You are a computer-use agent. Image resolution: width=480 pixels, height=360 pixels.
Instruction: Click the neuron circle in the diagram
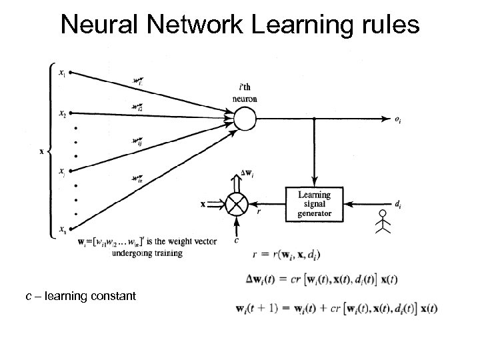tap(244, 119)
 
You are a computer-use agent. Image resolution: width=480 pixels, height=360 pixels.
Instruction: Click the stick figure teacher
tap(381, 221)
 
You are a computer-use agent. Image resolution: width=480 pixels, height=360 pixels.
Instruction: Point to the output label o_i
tap(397, 121)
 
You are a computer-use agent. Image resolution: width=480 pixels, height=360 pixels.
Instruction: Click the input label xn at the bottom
tap(62, 231)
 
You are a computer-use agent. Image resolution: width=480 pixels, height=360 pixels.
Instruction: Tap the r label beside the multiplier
tap(259, 212)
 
